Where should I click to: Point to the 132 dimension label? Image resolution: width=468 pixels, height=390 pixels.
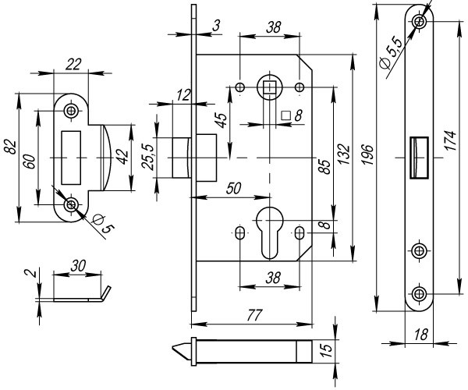click(343, 151)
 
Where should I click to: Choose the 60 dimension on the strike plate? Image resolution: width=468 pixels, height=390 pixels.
click(28, 161)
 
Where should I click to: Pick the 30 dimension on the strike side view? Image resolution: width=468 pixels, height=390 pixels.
click(78, 266)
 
